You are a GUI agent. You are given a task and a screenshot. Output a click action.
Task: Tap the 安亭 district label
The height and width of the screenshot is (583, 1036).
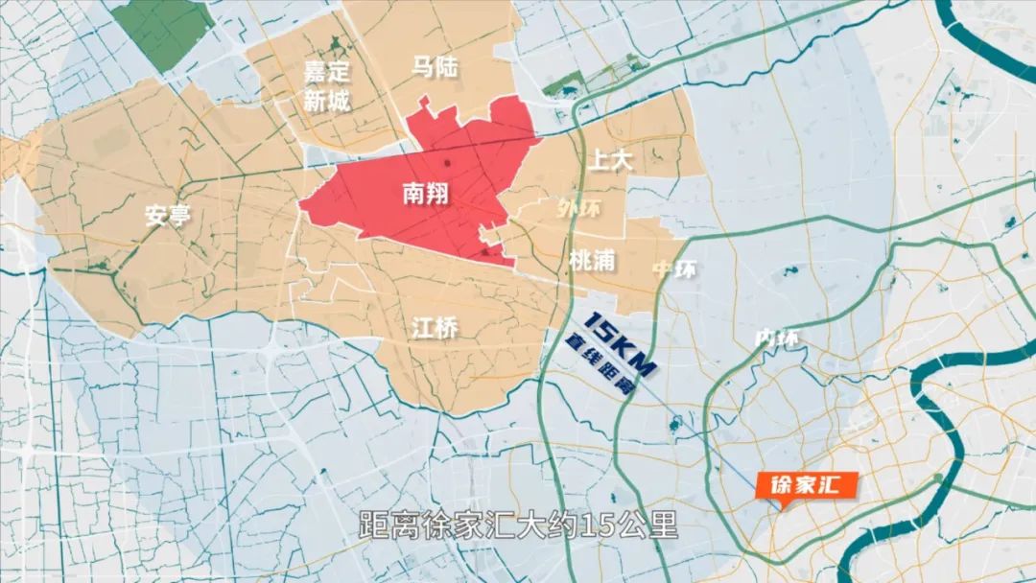coord(168,216)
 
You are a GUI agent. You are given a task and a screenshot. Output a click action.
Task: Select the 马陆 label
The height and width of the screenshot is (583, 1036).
coord(435,67)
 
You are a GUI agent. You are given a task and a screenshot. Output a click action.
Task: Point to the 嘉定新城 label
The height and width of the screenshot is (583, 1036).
coord(327,85)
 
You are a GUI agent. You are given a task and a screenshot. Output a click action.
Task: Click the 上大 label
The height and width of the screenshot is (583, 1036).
coord(610,161)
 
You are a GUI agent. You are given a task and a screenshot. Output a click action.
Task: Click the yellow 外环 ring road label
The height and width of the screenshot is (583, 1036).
coord(579,206)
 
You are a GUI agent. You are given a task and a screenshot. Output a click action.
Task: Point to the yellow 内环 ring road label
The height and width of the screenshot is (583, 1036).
coord(776,338)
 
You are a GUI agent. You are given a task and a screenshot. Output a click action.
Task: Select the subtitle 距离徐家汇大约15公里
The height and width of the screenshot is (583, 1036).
coord(518,526)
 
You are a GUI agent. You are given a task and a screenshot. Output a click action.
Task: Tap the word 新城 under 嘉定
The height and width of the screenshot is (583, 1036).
coord(327,100)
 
